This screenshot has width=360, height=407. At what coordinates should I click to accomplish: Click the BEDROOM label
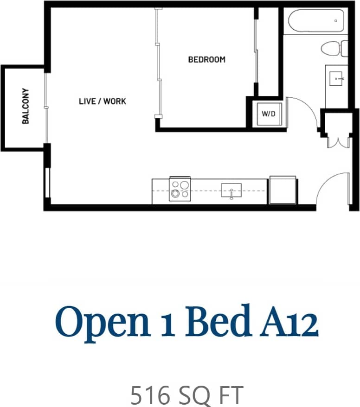coord(206,60)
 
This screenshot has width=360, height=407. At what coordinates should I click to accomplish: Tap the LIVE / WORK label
coord(102,101)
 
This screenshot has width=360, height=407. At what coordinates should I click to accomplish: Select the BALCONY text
coord(26,106)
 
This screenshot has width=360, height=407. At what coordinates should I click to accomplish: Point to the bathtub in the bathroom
coord(315,21)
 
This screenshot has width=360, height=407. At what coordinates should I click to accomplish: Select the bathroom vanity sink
coord(337,79)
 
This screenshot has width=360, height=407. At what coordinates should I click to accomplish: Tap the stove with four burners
coord(180,190)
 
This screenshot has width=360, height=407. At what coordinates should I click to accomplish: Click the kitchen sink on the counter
coord(231,190)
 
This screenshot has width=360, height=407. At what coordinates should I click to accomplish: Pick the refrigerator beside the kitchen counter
coord(283,190)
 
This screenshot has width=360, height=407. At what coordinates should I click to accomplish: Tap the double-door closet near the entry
coord(338,139)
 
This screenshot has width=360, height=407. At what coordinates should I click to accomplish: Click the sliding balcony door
coord(46,107)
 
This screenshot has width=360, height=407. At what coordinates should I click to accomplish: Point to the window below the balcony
coord(46,183)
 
